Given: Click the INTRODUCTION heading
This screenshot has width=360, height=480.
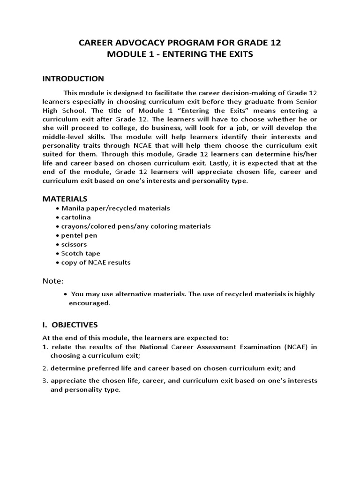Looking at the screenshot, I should pyautogui.click(x=73, y=78).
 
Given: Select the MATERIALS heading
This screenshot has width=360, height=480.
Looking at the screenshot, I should pyautogui.click(x=65, y=199).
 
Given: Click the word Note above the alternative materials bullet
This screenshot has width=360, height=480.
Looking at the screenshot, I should pyautogui.click(x=52, y=281).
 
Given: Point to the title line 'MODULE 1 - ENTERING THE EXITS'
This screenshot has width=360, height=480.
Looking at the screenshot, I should pyautogui.click(x=180, y=54).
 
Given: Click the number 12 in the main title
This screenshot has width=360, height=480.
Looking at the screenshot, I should pyautogui.click(x=275, y=43).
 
